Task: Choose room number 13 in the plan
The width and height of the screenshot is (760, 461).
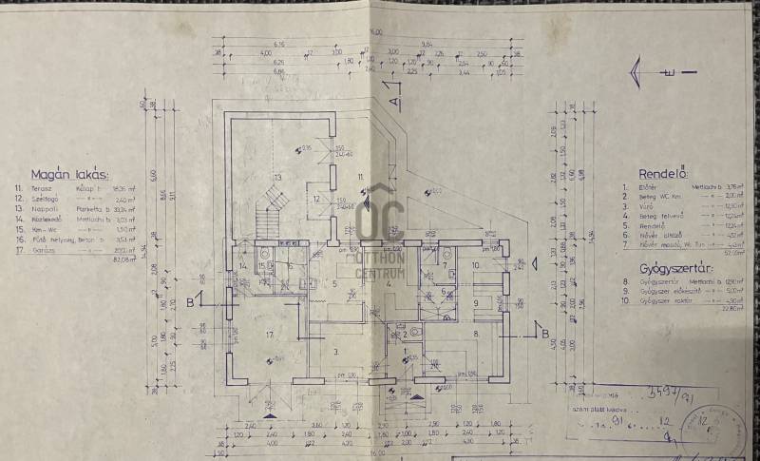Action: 277,178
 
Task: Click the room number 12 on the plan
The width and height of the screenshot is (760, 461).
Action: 316,200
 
